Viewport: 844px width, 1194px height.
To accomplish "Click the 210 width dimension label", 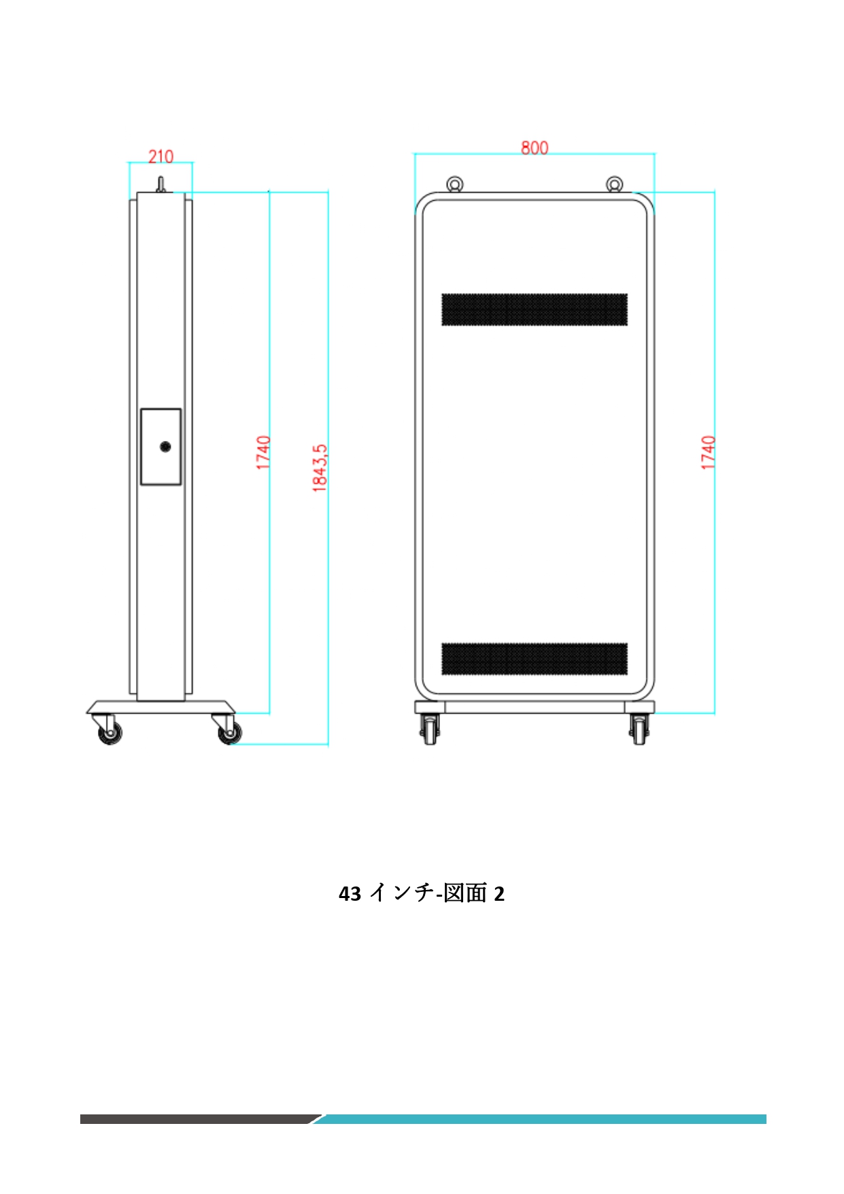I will point(161,156).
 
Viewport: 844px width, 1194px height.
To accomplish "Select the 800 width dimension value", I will point(535,148).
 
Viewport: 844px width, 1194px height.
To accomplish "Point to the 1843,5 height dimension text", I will point(320,468).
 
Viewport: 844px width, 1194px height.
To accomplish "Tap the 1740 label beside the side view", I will point(263,452).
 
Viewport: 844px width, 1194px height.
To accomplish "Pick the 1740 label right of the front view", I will point(708,452).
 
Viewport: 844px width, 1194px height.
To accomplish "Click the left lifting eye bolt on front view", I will point(454,184).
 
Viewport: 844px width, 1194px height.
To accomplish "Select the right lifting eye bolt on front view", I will point(614,184).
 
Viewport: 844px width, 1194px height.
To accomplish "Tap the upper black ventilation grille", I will point(535,310).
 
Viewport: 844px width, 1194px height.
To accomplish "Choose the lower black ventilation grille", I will point(535,659).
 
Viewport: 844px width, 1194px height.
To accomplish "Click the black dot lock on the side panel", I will point(165,446).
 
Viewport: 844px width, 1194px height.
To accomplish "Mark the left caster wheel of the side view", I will point(109,732).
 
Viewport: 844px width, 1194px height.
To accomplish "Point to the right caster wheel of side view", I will point(229,732).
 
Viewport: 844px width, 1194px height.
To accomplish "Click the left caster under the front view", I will point(429,729).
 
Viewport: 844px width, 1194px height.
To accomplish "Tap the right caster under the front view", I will point(639,729).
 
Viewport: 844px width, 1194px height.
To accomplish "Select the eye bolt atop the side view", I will point(161,184).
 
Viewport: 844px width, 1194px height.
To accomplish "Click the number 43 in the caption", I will point(350,893).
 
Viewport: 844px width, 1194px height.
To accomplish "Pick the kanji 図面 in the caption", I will point(465,893).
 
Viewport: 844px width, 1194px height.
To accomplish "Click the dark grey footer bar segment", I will point(197,1118).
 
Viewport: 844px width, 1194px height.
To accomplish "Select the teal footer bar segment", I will point(544,1118).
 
